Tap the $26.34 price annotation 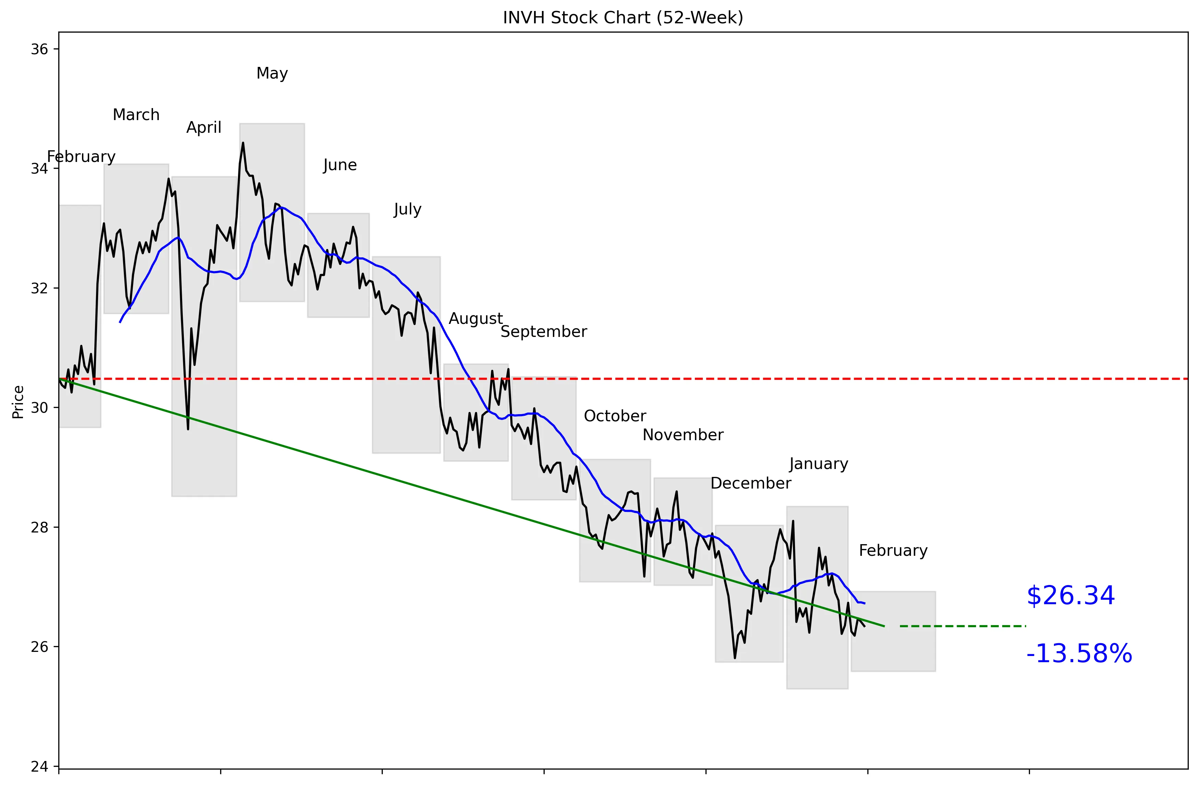click(1071, 596)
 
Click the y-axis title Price click(18, 402)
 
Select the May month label click(272, 73)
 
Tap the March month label click(136, 115)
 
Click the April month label click(204, 127)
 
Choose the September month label click(544, 332)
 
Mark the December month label click(750, 483)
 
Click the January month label click(818, 464)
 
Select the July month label click(407, 210)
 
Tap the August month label click(476, 319)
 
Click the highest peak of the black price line click(243, 143)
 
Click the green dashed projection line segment click(962, 626)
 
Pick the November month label click(683, 435)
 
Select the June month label click(340, 165)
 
